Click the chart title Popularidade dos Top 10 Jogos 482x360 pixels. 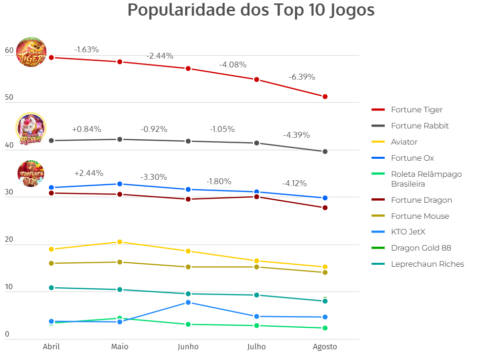tap(251, 10)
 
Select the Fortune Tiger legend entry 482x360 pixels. tap(416, 110)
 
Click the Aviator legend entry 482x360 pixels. tap(404, 142)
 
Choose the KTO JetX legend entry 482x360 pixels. tap(408, 232)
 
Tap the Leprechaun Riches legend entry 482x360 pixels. tap(427, 264)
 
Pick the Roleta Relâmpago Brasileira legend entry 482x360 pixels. tap(426, 179)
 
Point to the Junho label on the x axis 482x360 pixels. tap(188, 347)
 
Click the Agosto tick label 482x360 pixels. tap(325, 347)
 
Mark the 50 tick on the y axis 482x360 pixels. tap(9, 98)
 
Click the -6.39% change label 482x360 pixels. tap(302, 77)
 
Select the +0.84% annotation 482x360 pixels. tap(87, 129)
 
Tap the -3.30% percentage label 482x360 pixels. tap(153, 177)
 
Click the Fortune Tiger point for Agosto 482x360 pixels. tap(325, 97)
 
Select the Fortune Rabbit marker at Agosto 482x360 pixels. tap(325, 151)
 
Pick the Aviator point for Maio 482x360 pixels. tap(120, 242)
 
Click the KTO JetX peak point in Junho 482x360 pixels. tap(188, 303)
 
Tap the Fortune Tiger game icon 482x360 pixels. tap(31, 52)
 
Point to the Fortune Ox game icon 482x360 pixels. tap(31, 173)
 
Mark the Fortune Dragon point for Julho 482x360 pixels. tap(257, 197)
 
